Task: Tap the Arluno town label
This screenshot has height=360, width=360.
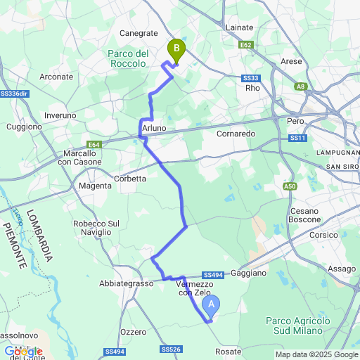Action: (154, 128)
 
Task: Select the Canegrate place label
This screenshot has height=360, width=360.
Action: (139, 33)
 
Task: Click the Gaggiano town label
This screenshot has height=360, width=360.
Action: (249, 272)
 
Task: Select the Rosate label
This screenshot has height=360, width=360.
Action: (229, 350)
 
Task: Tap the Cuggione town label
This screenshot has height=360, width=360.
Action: (25, 127)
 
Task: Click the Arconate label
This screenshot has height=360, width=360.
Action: (57, 76)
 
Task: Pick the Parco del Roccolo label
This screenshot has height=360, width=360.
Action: (128, 58)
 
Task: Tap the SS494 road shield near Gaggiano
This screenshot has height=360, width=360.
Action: (212, 275)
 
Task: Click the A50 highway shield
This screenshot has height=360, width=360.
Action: (290, 186)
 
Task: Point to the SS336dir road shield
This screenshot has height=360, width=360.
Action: (14, 93)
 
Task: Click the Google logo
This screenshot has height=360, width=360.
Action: (22, 352)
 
